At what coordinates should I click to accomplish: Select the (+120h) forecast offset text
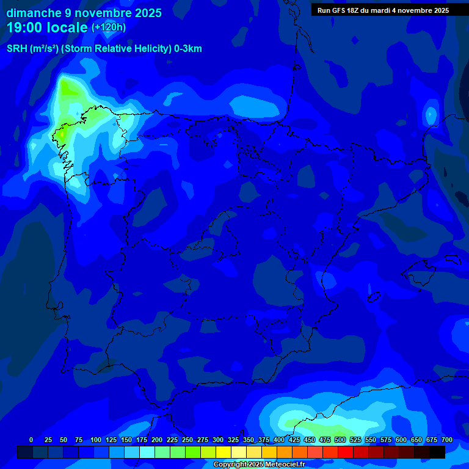point(108,27)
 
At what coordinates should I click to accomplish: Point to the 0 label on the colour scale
point(31,440)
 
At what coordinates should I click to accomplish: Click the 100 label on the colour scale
point(95,440)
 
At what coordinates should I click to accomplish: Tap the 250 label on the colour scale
point(187,440)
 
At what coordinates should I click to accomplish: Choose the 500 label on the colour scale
point(340,440)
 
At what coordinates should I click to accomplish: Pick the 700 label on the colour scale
point(446,440)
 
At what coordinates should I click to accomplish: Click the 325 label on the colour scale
point(233,440)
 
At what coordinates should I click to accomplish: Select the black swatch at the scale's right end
point(437,452)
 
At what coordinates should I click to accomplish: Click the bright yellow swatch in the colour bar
point(224,452)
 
